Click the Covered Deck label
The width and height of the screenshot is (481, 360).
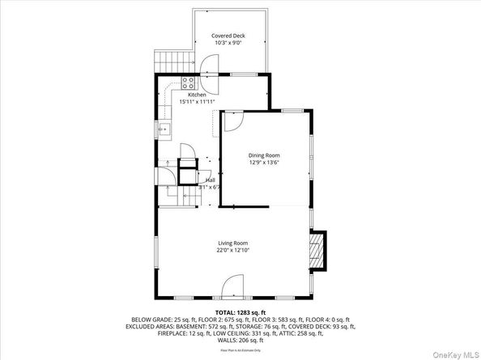pyautogui.click(x=228, y=36)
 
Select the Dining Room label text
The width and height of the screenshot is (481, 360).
pyautogui.click(x=264, y=155)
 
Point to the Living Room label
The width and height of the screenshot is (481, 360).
pyautogui.click(x=232, y=244)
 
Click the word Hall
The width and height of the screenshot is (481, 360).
pyautogui.click(x=210, y=180)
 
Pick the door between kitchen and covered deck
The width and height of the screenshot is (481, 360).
pyautogui.click(x=209, y=65)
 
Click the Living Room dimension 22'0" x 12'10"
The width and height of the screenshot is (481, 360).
pyautogui.click(x=232, y=251)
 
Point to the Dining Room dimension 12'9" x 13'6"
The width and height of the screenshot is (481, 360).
pyautogui.click(x=264, y=162)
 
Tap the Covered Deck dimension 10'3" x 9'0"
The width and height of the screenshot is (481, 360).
pyautogui.click(x=228, y=44)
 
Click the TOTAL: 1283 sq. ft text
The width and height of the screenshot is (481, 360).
pyautogui.click(x=240, y=311)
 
